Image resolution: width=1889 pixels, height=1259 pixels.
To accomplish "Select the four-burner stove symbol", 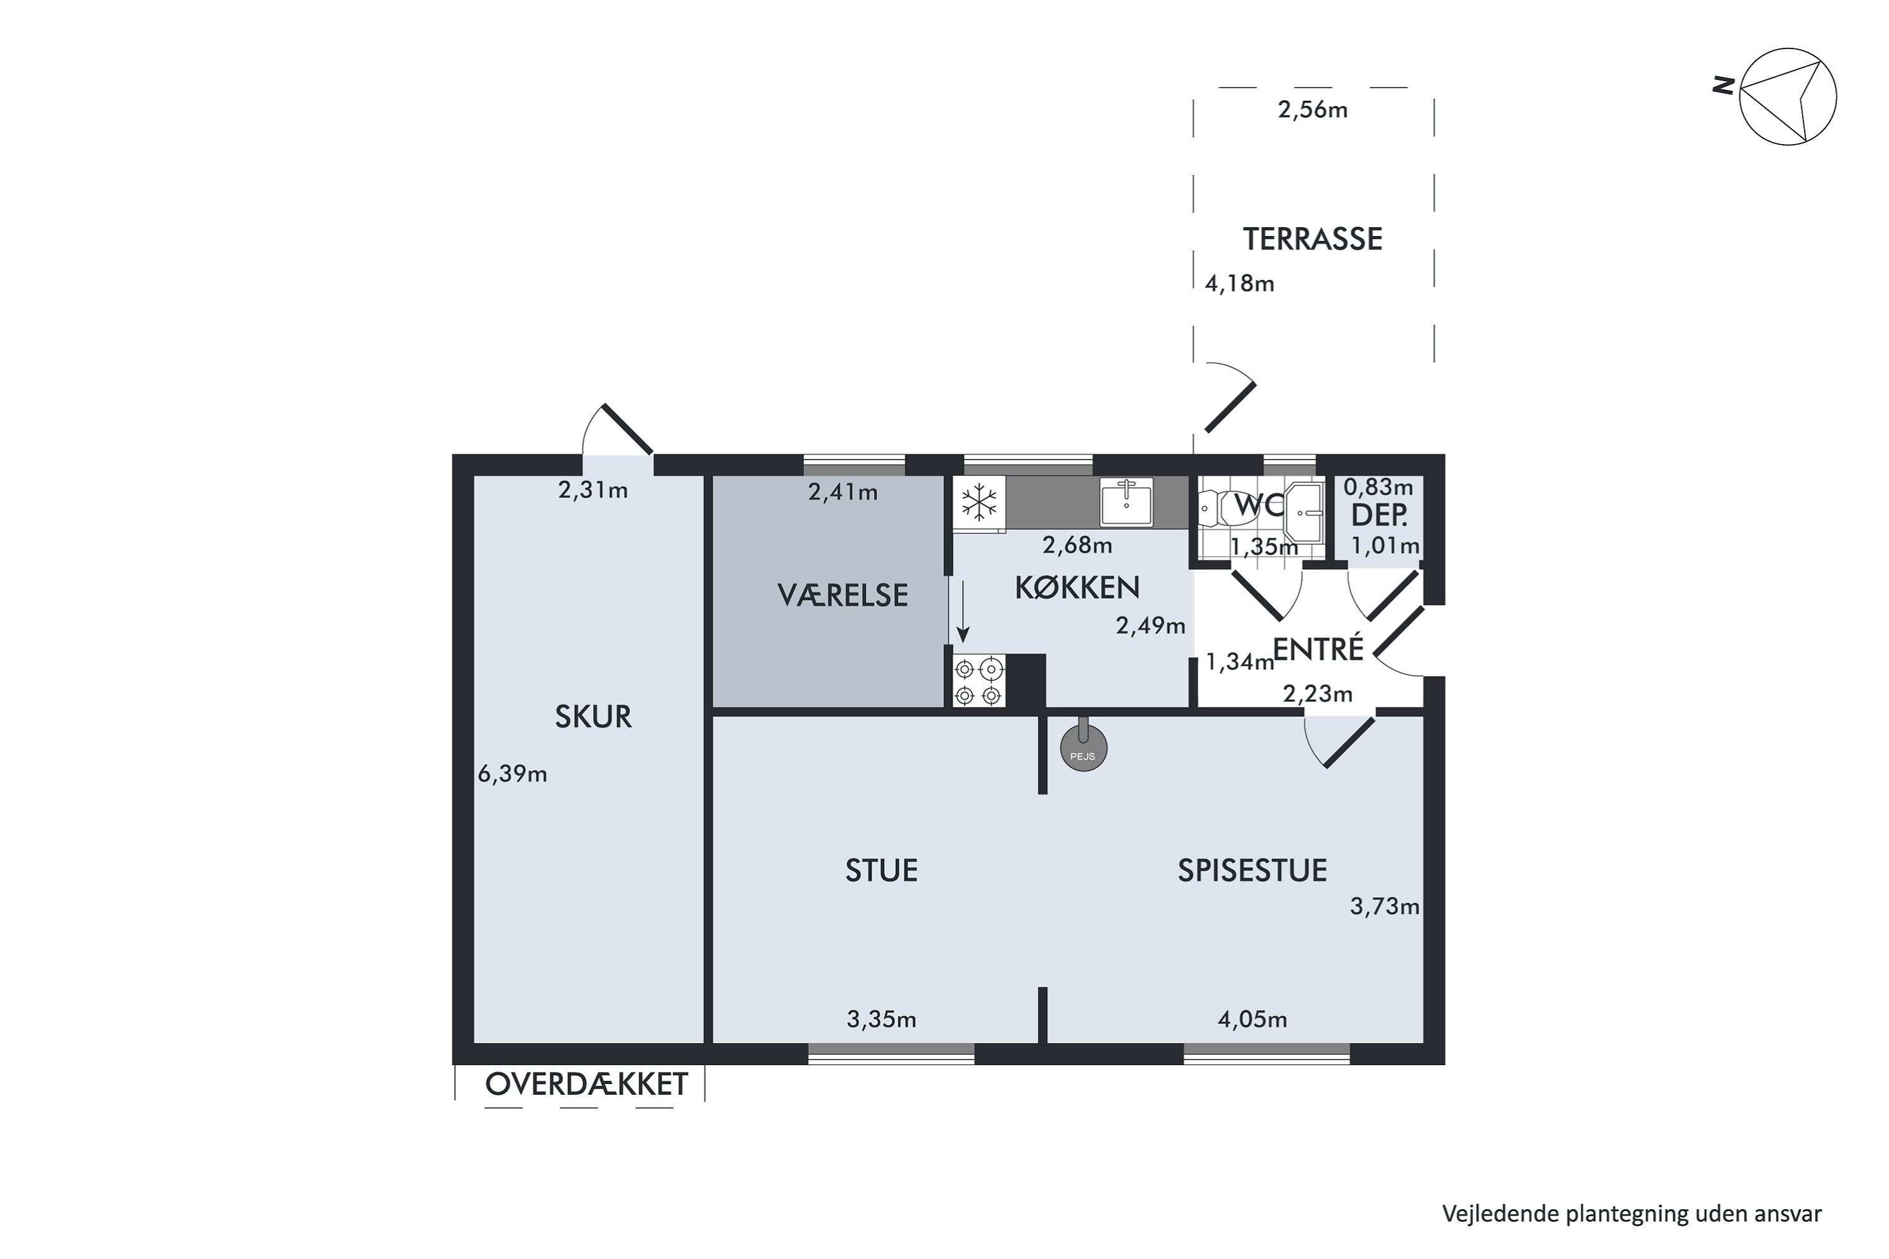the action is click(x=979, y=681).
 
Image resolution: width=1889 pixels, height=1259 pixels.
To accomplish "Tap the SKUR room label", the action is click(x=594, y=717).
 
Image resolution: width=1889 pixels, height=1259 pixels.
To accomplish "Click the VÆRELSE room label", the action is click(x=842, y=595).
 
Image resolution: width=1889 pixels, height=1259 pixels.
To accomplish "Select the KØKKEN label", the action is click(x=1077, y=589).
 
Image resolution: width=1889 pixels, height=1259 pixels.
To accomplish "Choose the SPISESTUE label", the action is click(x=1252, y=871).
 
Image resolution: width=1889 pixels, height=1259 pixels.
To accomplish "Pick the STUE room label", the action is click(x=881, y=871).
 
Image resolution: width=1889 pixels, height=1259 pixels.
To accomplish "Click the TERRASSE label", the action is click(x=1312, y=239).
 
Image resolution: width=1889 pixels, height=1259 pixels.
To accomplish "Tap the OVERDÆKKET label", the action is click(x=586, y=1085).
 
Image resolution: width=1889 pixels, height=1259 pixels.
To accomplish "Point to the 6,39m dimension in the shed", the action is click(x=513, y=774).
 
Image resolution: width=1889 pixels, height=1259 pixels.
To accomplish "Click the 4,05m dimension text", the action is click(x=1252, y=1020).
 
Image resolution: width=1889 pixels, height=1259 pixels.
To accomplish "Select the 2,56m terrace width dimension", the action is click(x=1312, y=110).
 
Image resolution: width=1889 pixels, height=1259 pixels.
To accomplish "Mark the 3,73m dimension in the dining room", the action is click(x=1385, y=906).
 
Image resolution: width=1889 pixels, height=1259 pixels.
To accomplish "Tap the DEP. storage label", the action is click(x=1379, y=516).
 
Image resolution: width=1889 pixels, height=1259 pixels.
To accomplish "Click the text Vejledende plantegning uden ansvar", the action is click(x=1632, y=1213).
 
